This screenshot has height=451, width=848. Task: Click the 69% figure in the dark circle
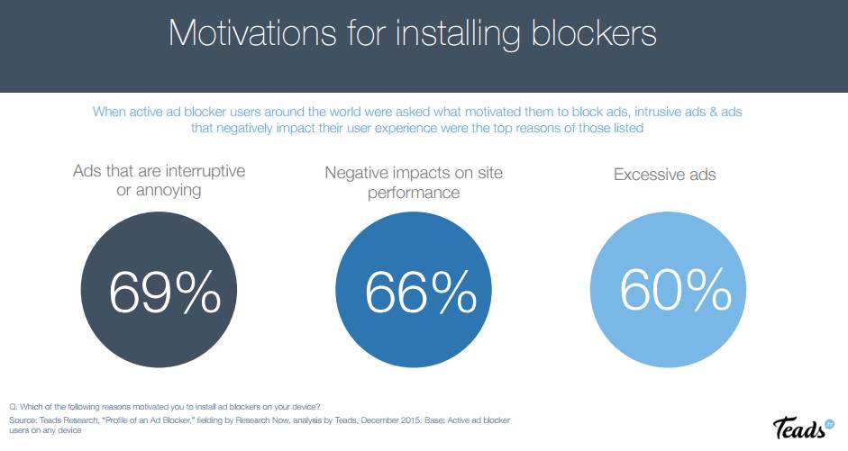[165, 291]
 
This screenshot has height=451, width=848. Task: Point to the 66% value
[421, 291]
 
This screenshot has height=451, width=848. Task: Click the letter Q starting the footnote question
[11, 410]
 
